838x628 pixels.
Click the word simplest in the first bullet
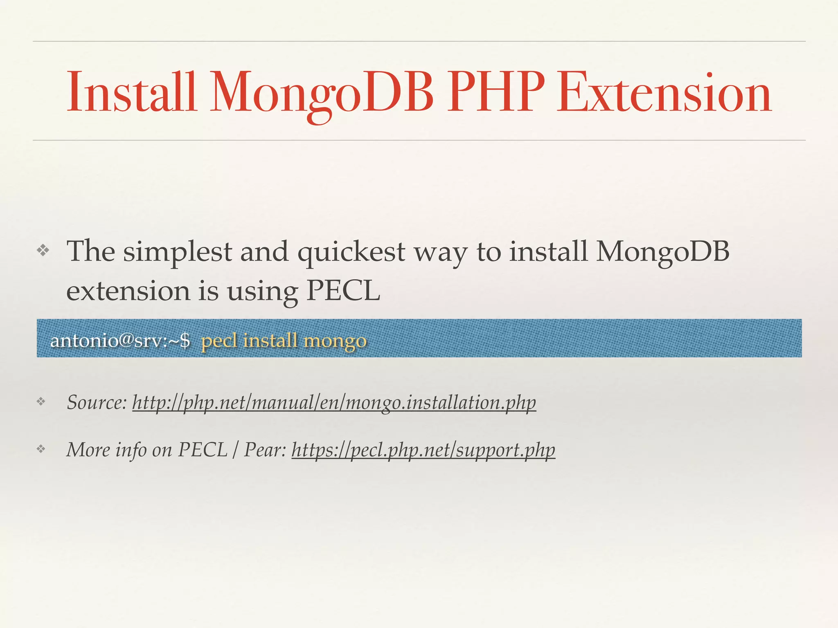pos(178,252)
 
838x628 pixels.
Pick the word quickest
pos(351,252)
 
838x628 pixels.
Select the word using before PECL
pos(262,292)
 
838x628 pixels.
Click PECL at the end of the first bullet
pos(343,291)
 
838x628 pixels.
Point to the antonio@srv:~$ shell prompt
pos(120,340)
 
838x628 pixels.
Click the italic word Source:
pos(97,402)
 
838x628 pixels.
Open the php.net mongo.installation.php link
pos(334,403)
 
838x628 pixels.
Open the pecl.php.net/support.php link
pos(423,451)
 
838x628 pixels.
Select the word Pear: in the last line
pos(265,450)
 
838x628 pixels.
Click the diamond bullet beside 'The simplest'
pos(43,250)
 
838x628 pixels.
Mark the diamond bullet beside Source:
pos(41,402)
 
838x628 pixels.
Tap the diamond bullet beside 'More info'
pos(41,449)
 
